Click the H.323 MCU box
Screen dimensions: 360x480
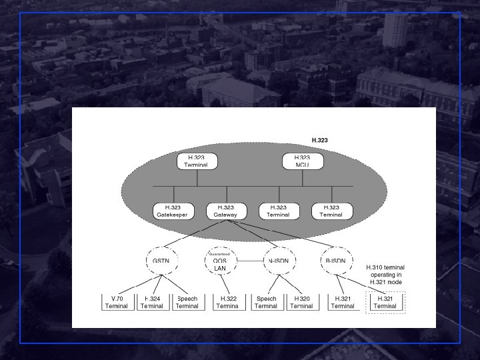(303, 161)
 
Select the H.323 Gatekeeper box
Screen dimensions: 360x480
(172, 211)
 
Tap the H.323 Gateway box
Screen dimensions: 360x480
(225, 211)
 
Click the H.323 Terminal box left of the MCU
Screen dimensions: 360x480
(197, 161)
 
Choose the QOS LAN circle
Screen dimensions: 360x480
(220, 260)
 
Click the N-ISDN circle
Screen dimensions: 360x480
(277, 260)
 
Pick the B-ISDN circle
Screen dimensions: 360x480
(335, 260)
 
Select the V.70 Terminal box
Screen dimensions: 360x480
(117, 302)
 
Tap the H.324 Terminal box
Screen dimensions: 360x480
(152, 302)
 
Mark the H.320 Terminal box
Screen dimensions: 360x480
(301, 302)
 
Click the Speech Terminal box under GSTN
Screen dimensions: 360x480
(187, 302)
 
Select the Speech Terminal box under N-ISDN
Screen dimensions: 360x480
(266, 302)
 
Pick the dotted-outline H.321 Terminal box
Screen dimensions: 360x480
(385, 302)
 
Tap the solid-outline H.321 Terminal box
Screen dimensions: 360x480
(343, 302)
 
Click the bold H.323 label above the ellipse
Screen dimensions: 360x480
(320, 140)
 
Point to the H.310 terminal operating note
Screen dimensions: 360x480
(386, 275)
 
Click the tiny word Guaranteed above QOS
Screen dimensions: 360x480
(220, 254)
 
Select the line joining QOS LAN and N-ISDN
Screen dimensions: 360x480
(248, 260)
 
